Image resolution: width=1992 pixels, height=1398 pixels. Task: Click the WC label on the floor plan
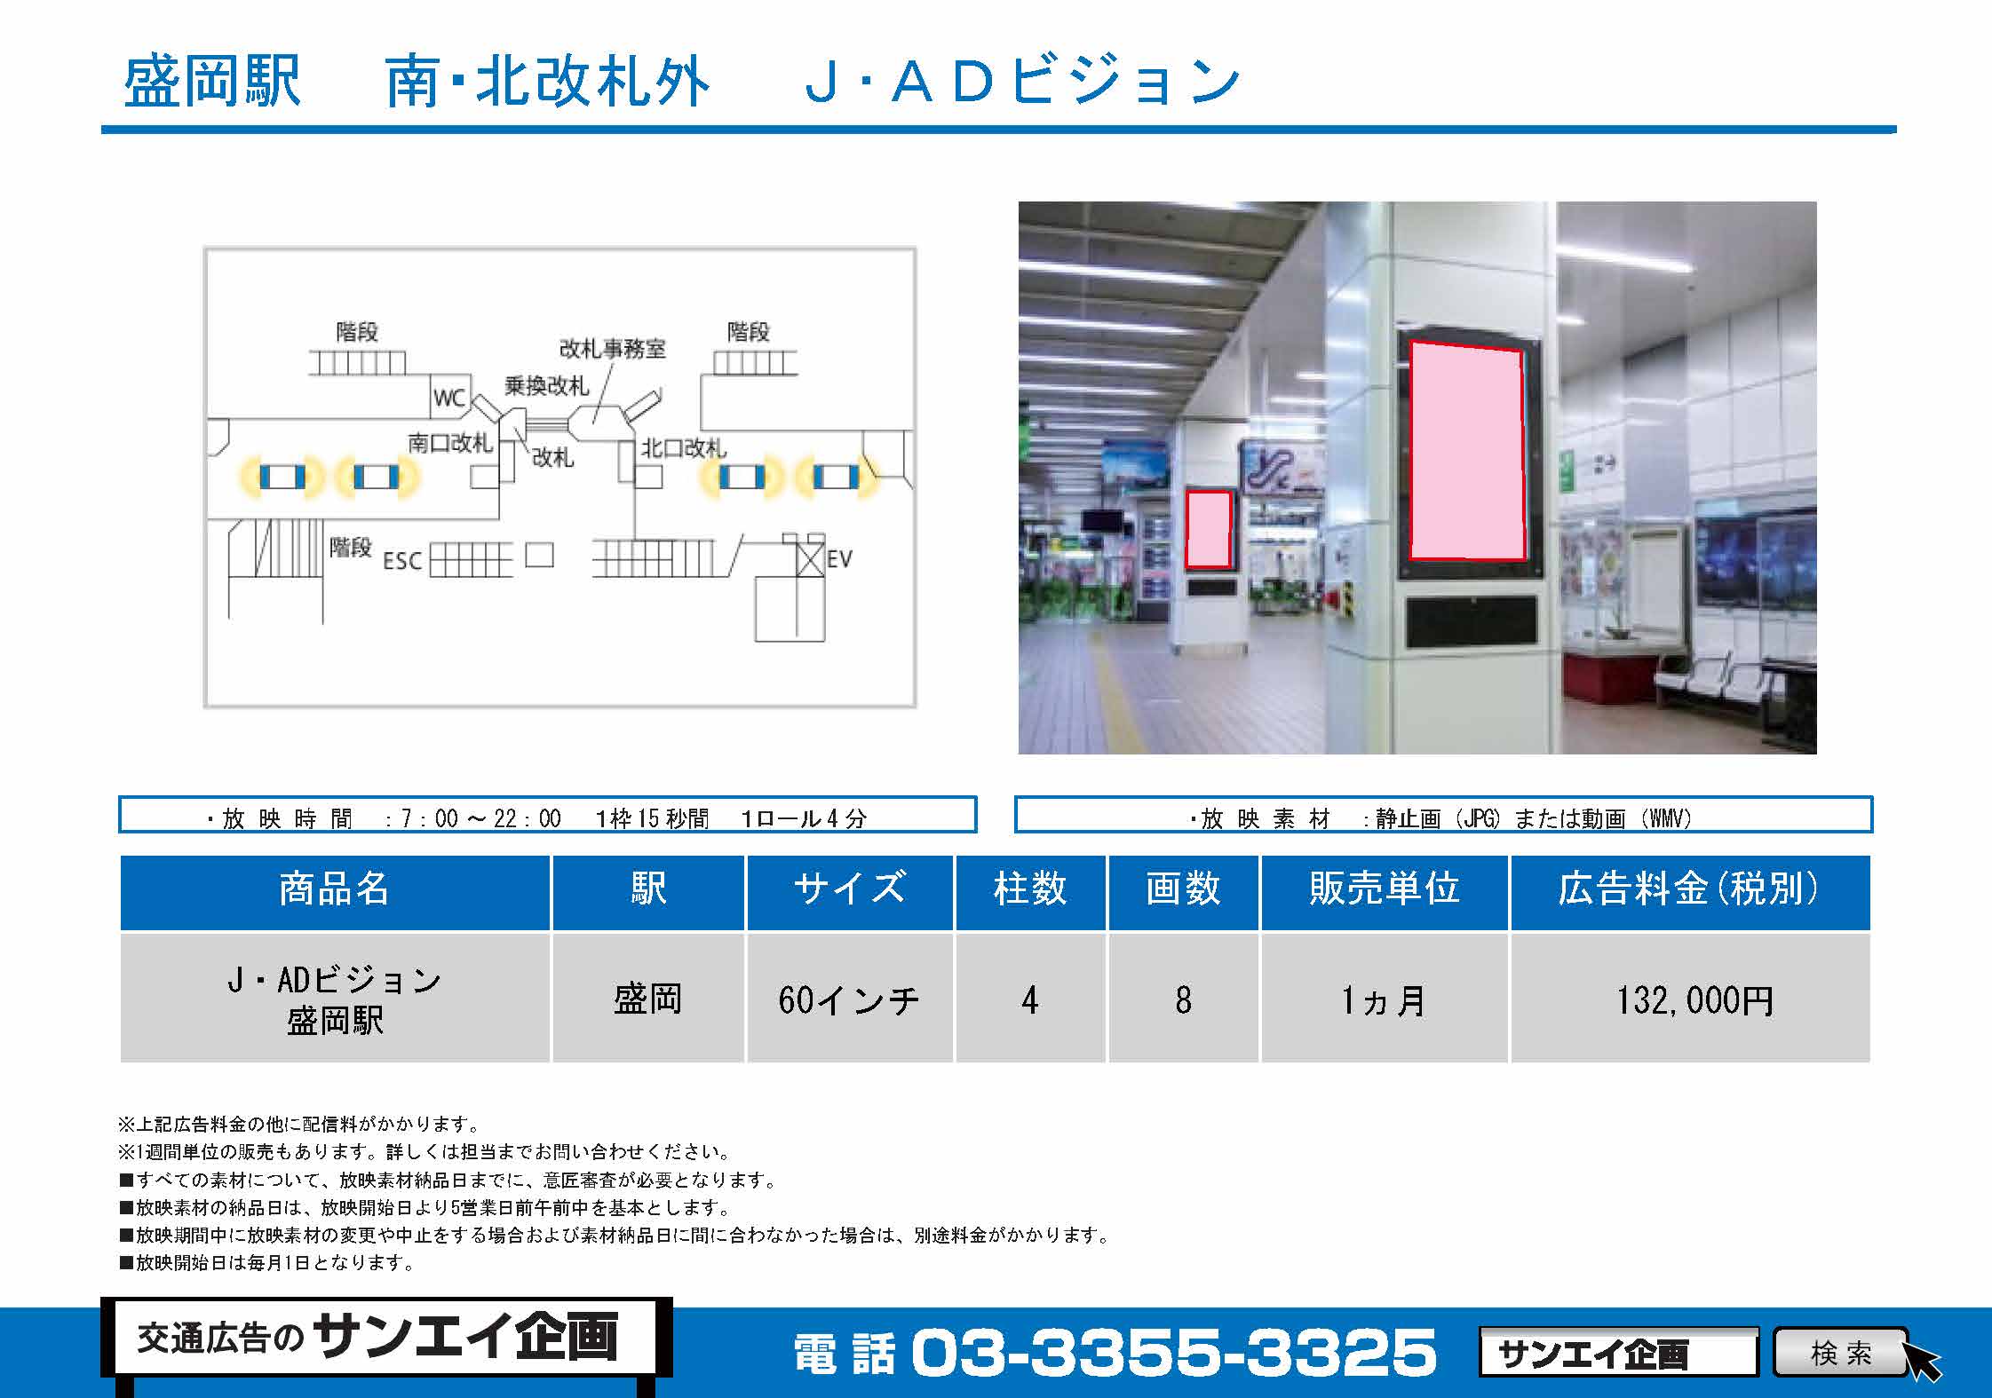(x=449, y=398)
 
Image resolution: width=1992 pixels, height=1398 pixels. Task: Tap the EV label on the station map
(x=839, y=559)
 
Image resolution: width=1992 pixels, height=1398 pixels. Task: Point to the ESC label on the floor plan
(x=402, y=561)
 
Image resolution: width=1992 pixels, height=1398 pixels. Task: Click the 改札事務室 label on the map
(x=612, y=349)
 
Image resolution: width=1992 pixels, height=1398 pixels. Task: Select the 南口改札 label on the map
(x=450, y=443)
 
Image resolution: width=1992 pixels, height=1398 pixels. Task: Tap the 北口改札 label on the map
(x=684, y=448)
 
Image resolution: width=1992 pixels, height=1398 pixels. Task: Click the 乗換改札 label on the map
(x=547, y=386)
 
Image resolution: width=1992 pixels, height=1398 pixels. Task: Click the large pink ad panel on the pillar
(x=1467, y=452)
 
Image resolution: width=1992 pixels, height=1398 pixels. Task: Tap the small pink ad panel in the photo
(x=1209, y=529)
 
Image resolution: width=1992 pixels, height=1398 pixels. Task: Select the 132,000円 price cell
(x=1694, y=1000)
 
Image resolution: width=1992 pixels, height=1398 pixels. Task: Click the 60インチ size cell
(x=849, y=1000)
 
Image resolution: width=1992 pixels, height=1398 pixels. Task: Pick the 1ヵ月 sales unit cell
(x=1384, y=1000)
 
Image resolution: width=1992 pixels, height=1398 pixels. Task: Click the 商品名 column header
(x=335, y=889)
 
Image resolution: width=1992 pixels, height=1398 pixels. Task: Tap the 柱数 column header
(x=1030, y=889)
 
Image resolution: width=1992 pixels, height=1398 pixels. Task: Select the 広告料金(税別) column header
(x=1690, y=889)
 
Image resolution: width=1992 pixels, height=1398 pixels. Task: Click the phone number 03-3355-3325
(x=1173, y=1353)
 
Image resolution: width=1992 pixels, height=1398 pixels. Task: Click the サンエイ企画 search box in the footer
(x=1618, y=1353)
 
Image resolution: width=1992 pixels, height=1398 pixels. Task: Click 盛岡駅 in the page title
(x=212, y=82)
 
